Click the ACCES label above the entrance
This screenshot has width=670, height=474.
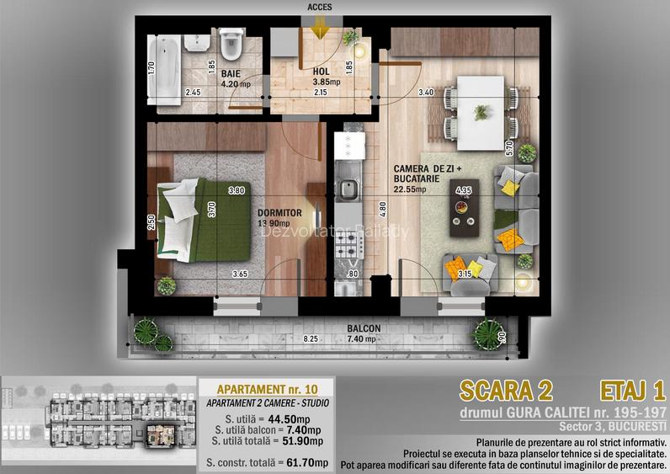coord(320,7)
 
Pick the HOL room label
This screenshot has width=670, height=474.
coord(321,71)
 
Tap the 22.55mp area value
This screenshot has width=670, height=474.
coord(410,189)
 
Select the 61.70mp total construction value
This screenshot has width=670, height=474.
coord(308,461)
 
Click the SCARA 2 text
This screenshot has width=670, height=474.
coord(507,391)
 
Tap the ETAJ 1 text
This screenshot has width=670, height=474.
coord(633,390)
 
